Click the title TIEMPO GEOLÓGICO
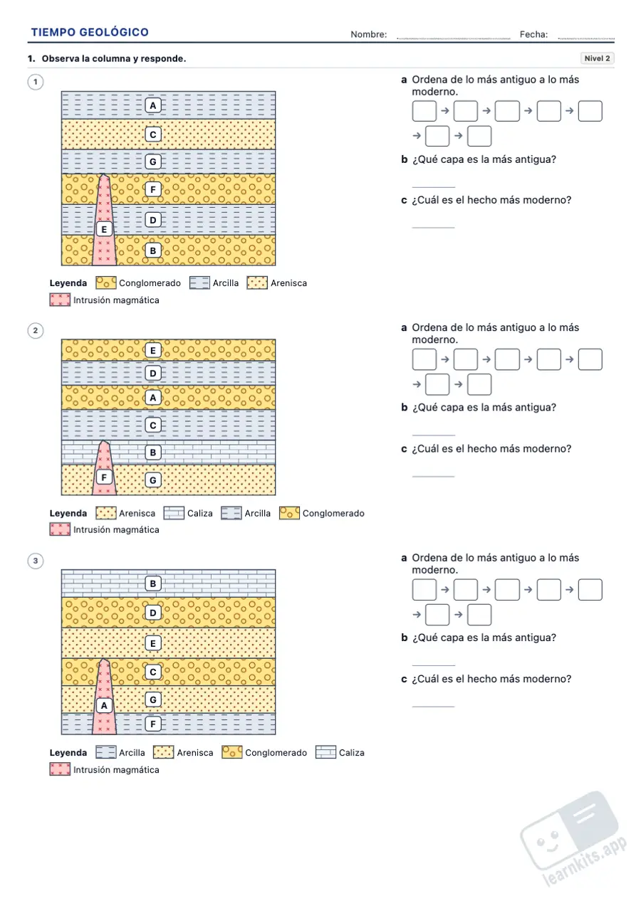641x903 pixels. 90,32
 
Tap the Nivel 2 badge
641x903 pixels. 597,58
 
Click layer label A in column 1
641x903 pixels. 153,105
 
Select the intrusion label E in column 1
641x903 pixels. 104,229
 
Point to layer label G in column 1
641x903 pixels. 153,162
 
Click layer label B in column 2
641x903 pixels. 153,453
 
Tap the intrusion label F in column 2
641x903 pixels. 104,477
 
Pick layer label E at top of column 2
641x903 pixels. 153,350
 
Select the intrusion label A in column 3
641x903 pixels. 104,705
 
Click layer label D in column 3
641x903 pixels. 153,613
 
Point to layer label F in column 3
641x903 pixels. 153,724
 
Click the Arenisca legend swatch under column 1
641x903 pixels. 257,283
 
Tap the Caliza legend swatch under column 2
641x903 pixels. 174,513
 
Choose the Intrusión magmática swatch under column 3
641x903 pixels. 60,769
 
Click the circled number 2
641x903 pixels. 36,331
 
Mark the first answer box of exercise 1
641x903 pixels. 424,111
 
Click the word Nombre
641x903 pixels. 369,35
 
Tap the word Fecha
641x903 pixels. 533,35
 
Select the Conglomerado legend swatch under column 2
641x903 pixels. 289,513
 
